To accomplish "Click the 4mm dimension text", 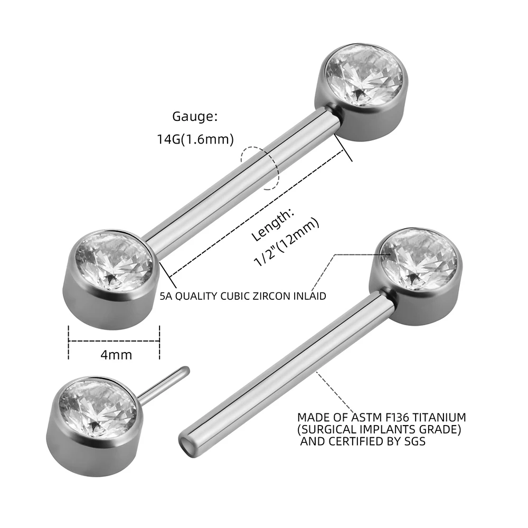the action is pos(116,355).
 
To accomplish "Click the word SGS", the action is pos(413,441).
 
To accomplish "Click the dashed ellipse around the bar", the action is pos(259,167).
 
